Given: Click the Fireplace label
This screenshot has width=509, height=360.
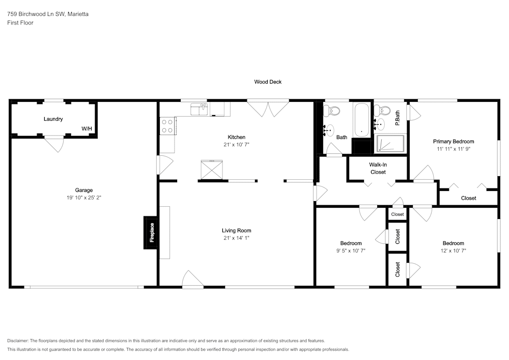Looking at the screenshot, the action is coord(152,232).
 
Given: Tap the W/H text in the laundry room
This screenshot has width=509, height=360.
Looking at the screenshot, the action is coord(87,128).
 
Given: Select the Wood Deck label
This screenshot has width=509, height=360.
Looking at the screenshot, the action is coord(268,82).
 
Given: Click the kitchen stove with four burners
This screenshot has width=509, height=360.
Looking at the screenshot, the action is coord(167,126).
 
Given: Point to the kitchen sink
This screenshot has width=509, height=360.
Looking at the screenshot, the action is coord(200,109).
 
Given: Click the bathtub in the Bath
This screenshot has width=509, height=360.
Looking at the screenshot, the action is coord(361,120).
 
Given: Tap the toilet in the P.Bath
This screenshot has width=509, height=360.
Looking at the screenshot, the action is coord(382,110).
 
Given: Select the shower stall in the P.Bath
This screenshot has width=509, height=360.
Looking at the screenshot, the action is coord(390,144).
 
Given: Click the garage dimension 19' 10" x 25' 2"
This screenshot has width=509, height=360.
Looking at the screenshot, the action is coord(84,198).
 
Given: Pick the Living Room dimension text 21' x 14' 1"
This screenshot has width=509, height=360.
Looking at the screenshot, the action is coord(236,238).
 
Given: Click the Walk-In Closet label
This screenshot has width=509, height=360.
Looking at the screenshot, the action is coord(378,168).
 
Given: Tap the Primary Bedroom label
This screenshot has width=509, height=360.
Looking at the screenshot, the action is coord(454,141).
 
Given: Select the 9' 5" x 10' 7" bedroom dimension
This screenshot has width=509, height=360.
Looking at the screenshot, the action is coord(351,251).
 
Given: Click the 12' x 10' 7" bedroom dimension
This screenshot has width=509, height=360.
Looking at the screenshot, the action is coord(453,251).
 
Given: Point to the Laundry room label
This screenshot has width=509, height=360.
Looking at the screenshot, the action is coord(53,119).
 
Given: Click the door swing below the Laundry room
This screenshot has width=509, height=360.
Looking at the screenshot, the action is coord(55,145).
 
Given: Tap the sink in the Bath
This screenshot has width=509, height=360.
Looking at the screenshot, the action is coord(329,130).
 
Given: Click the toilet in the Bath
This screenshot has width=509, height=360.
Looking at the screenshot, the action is coord(332,111).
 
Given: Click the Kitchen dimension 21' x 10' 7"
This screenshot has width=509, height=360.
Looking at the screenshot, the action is coord(236,145).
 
